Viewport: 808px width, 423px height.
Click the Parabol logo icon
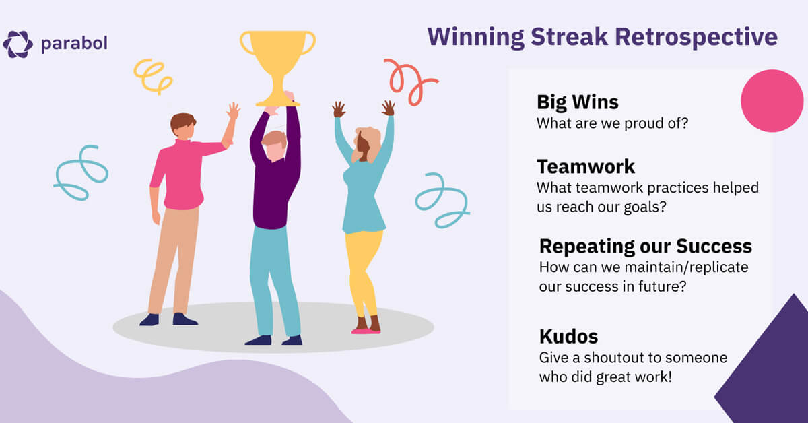(18, 44)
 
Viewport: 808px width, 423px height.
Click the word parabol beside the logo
(73, 44)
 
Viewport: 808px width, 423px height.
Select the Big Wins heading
(577, 102)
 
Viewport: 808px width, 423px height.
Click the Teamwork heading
(586, 166)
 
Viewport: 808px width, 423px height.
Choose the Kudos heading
(568, 336)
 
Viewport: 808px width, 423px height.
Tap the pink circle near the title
(772, 100)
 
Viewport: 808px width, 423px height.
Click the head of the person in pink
(182, 126)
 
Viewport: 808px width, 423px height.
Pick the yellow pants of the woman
(364, 269)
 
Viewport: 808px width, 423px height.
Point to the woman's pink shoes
(366, 330)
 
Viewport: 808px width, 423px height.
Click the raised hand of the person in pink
(233, 111)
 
